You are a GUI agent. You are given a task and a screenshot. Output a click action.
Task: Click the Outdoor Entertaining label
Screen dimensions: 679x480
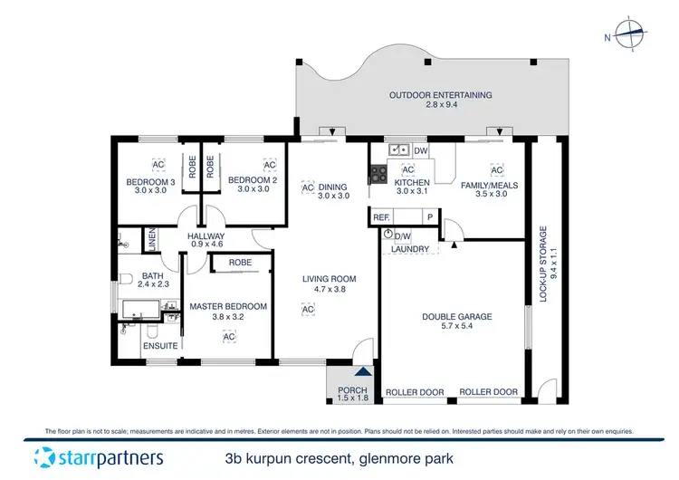[x=440, y=95]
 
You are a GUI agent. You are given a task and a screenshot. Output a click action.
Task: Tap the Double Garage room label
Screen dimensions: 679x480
[x=457, y=317]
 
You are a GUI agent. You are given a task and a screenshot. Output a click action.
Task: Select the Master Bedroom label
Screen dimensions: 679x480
[x=228, y=307]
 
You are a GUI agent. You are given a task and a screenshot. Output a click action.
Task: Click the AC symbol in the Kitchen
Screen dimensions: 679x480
[x=407, y=169]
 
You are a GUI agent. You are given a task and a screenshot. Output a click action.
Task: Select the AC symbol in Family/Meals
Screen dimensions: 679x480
[x=496, y=169]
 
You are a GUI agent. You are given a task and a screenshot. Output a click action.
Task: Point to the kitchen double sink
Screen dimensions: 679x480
[x=398, y=149]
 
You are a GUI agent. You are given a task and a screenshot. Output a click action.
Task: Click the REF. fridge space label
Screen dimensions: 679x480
[x=381, y=217]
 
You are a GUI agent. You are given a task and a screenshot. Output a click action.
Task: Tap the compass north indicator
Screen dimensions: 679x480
[x=630, y=36]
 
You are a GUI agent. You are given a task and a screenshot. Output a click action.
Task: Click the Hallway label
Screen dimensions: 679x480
[x=206, y=237]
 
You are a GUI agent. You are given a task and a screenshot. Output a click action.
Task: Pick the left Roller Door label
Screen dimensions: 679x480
[x=415, y=392]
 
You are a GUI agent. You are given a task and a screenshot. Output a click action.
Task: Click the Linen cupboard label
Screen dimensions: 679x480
[x=152, y=240]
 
